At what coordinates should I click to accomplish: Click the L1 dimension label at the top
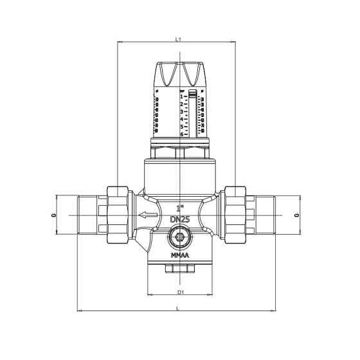178,39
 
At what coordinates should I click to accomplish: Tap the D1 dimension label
181,292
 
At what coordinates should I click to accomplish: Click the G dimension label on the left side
53,215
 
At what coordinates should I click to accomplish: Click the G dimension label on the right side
296,215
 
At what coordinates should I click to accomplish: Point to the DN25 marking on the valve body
179,220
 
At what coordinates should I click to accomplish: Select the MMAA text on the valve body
180,255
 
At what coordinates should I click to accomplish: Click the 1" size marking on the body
180,208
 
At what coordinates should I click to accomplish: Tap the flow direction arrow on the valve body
148,215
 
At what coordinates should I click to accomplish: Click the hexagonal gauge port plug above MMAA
180,240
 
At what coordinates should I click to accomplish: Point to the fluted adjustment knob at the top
180,74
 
